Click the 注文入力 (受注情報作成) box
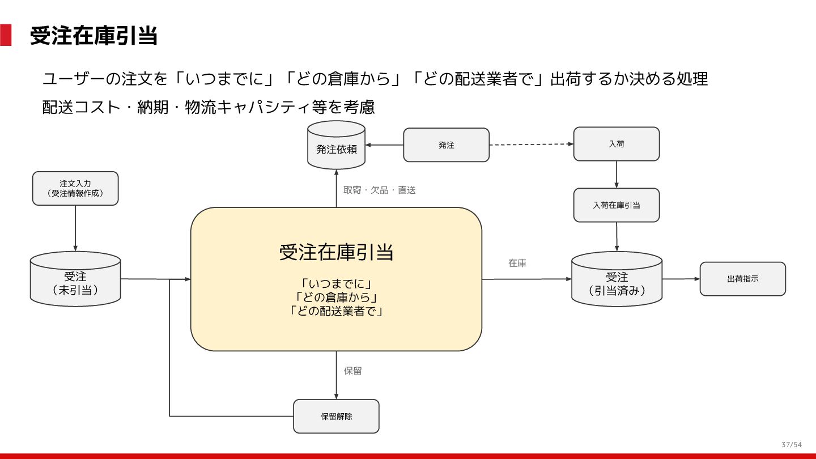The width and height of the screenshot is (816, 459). click(75, 188)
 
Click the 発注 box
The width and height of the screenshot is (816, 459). click(446, 145)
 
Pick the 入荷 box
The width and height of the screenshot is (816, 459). click(617, 144)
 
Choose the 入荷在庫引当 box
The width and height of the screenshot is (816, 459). click(617, 205)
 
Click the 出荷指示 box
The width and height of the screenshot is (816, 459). click(742, 279)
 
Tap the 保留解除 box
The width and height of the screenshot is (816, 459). click(336, 416)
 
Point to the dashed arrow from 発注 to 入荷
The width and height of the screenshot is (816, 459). click(531, 144)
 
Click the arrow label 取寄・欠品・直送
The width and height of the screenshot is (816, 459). click(380, 190)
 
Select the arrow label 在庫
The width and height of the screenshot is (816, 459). click(517, 263)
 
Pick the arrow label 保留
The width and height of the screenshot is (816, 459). click(352, 371)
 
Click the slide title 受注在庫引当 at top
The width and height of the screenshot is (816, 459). click(93, 36)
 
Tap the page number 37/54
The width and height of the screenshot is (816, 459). click(792, 444)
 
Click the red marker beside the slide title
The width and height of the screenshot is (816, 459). click(6, 35)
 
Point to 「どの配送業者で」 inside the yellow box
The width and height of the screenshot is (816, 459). click(336, 311)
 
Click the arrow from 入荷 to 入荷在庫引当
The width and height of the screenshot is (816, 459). click(617, 175)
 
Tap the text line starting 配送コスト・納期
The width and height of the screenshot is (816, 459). click(209, 107)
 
